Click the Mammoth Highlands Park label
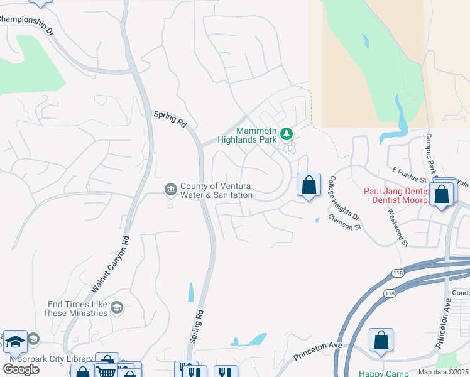pyautogui.click(x=249, y=136)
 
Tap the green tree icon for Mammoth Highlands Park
pyautogui.click(x=287, y=134)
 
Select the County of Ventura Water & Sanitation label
pyautogui.click(x=216, y=190)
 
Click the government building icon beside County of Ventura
pyautogui.click(x=171, y=190)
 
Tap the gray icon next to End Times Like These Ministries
pyautogui.click(x=116, y=307)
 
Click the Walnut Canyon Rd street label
pyautogui.click(x=111, y=264)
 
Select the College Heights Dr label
pyautogui.click(x=343, y=197)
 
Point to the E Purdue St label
pyautogui.click(x=409, y=175)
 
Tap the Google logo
pyautogui.click(x=21, y=369)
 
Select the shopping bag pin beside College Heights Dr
pyautogui.click(x=309, y=185)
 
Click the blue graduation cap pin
pyautogui.click(x=15, y=341)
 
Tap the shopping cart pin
pyautogui.click(x=106, y=371)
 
